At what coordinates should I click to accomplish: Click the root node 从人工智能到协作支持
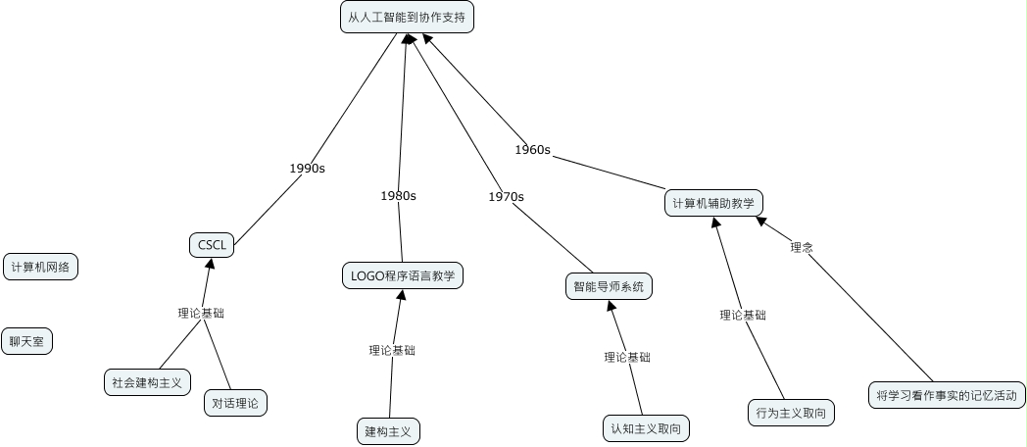point(407,18)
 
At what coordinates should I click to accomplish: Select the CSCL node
point(212,245)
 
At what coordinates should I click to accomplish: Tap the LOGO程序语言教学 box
point(402,275)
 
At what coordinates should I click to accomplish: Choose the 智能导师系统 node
point(609,286)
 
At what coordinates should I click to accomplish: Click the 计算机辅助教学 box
point(712,203)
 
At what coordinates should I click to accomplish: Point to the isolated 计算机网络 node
point(40,267)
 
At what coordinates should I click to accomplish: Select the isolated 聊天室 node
point(27,341)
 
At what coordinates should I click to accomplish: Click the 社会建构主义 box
point(147,381)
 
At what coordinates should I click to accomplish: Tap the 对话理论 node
point(235,402)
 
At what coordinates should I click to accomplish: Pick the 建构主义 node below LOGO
point(387,430)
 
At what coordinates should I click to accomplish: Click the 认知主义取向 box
point(645,428)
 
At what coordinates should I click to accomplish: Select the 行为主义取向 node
point(790,413)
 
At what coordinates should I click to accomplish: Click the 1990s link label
point(307,168)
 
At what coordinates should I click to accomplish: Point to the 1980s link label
point(398,195)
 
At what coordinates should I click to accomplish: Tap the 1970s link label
point(506,196)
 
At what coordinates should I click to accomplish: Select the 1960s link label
point(532,150)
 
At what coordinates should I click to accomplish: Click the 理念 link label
point(802,248)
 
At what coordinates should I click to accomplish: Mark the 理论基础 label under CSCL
point(201,314)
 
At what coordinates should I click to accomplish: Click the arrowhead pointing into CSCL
point(209,263)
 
